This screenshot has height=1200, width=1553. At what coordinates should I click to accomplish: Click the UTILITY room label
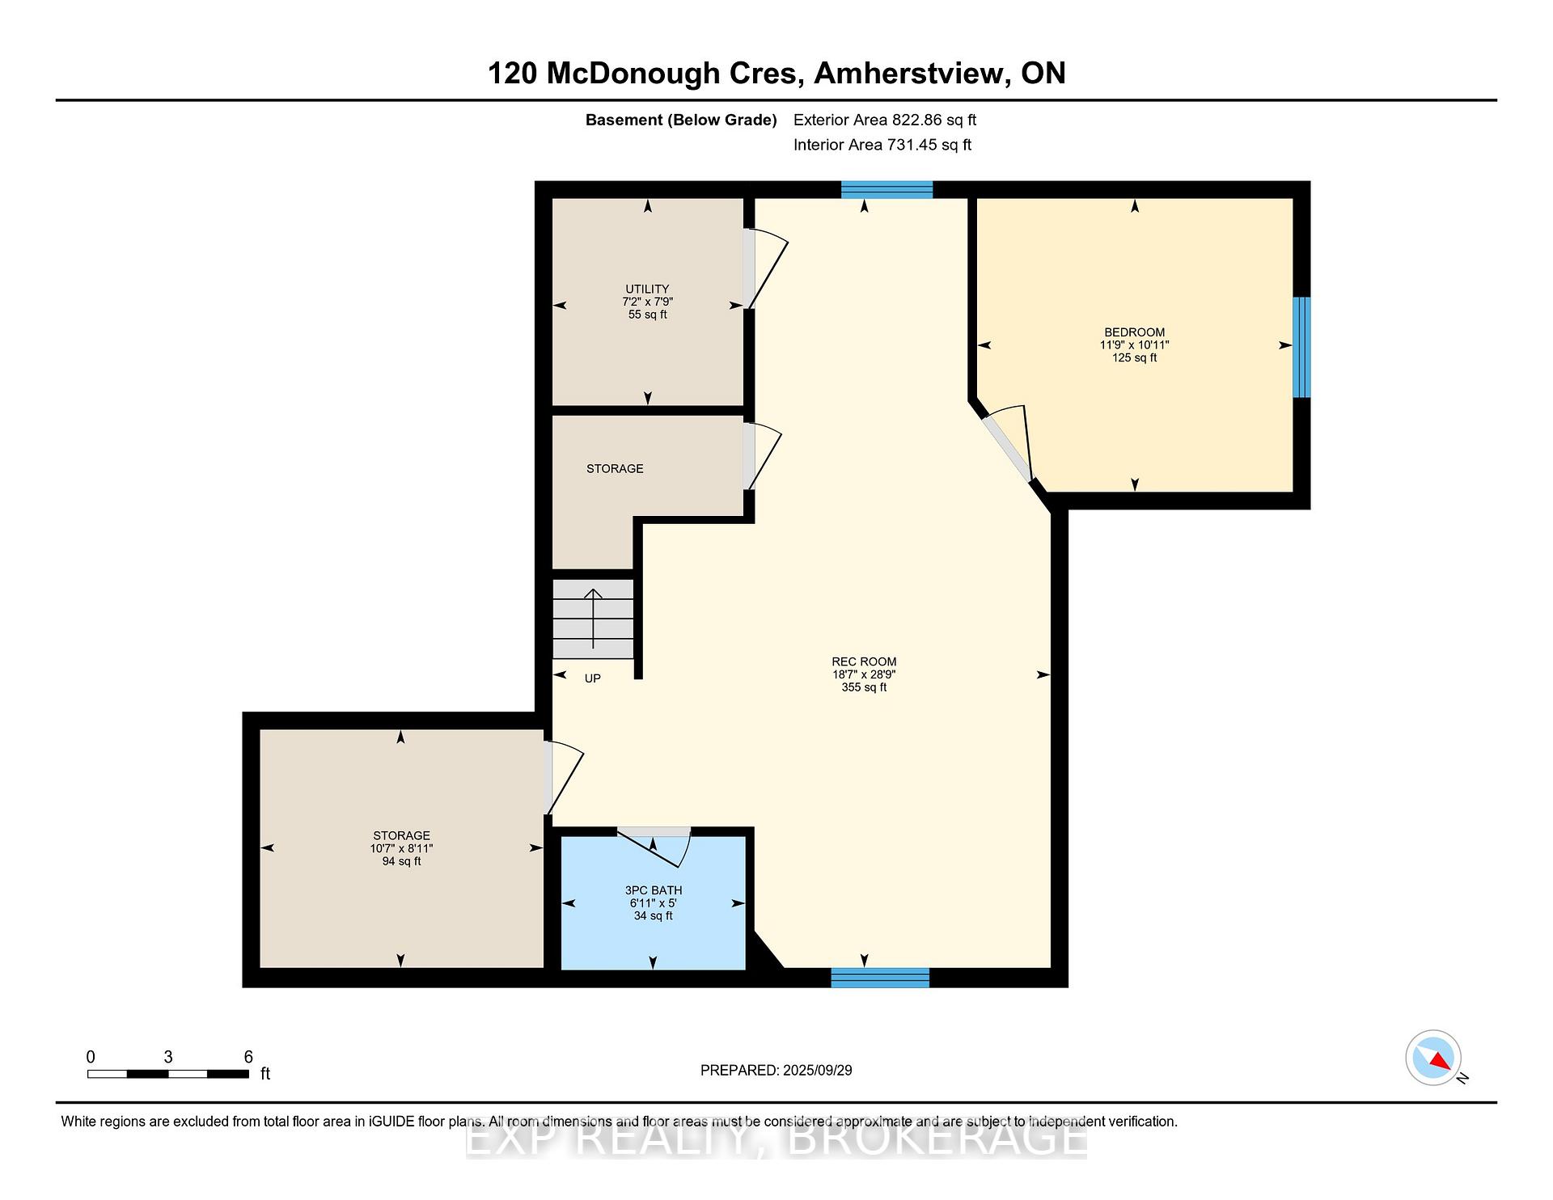647,289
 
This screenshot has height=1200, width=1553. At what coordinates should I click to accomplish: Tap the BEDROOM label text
1135,332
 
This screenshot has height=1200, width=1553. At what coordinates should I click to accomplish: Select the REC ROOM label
864,661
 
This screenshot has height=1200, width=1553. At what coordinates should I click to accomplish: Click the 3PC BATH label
653,890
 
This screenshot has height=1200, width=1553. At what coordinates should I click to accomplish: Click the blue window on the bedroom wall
1301,347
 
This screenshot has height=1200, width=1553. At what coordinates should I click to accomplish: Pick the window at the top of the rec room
887,189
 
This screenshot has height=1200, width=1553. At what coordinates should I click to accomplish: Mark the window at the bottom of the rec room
880,978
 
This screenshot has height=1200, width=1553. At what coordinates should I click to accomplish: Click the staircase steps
593,619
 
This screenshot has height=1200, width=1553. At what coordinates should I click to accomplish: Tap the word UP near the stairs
593,678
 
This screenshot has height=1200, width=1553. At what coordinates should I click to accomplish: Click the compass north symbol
1434,1058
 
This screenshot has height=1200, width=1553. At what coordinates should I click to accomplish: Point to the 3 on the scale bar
168,1057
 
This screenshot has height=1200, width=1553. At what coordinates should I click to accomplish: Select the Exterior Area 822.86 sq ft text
885,120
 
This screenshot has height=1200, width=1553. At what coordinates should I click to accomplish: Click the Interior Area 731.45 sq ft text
882,145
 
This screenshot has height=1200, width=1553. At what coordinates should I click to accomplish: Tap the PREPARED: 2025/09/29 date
776,1070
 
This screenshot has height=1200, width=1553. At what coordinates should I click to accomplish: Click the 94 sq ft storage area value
401,861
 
